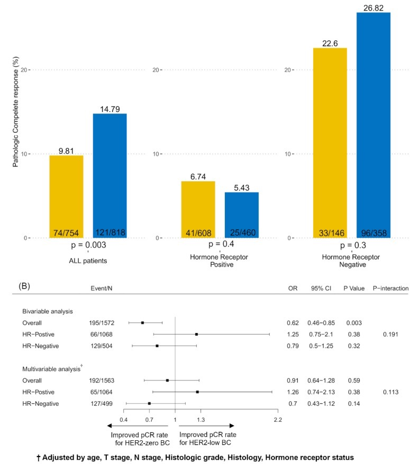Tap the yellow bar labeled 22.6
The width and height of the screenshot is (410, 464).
point(330,143)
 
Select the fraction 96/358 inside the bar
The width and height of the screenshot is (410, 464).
point(373,233)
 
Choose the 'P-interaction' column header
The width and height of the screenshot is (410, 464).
point(390,289)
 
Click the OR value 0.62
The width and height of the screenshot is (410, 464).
point(293,322)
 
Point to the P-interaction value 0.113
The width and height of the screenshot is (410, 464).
point(390,392)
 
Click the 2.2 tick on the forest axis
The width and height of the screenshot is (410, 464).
point(277,420)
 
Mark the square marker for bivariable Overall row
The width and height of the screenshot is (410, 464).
point(142,322)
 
